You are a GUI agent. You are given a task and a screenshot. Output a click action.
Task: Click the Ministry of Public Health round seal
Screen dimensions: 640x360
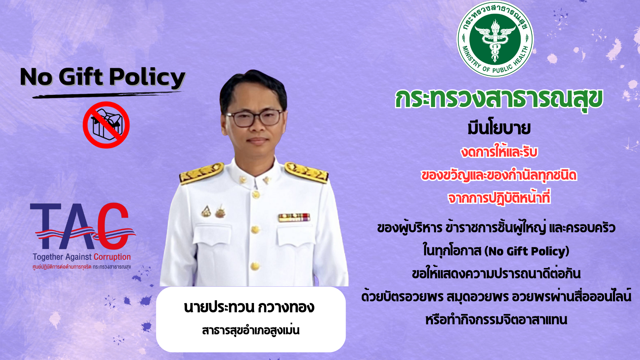(495, 39)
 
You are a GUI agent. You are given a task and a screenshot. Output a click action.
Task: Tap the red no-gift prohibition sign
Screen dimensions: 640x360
(106, 125)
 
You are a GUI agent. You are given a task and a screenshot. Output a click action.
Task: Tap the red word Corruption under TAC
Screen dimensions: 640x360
(112, 257)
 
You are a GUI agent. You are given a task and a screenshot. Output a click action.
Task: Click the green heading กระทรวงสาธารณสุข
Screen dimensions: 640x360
(499, 99)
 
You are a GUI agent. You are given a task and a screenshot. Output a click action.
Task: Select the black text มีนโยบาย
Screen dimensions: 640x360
(499, 128)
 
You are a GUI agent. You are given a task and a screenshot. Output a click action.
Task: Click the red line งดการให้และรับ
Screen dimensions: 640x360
(499, 152)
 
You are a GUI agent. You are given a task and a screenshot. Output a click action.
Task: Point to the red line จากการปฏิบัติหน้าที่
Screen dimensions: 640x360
(499, 198)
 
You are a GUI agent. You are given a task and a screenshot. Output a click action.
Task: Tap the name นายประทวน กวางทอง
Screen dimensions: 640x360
(249, 307)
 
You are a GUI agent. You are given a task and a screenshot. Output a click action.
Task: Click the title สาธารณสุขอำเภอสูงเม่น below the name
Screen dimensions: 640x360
(251, 330)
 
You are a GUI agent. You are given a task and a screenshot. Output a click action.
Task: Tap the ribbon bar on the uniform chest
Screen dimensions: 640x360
(294, 217)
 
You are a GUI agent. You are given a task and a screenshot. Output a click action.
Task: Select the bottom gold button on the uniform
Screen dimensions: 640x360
(255, 266)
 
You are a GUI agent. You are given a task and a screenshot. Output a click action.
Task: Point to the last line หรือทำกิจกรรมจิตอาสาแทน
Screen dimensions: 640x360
(496, 320)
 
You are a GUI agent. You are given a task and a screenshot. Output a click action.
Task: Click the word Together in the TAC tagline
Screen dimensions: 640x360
(48, 257)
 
